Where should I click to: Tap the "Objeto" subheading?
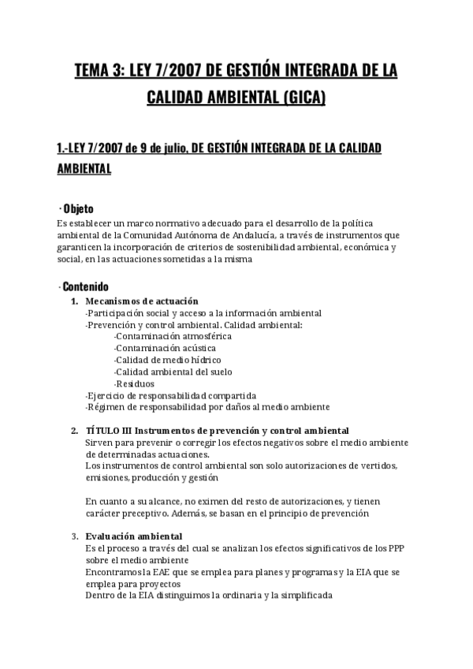[x=78, y=209]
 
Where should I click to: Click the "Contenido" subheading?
[x=84, y=286]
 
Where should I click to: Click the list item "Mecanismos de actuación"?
[x=142, y=301]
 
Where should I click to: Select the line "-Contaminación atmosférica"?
[x=172, y=336]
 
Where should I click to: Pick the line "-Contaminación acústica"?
[x=164, y=348]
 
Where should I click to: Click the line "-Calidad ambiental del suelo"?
[x=173, y=372]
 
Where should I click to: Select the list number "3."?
[x=75, y=536]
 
